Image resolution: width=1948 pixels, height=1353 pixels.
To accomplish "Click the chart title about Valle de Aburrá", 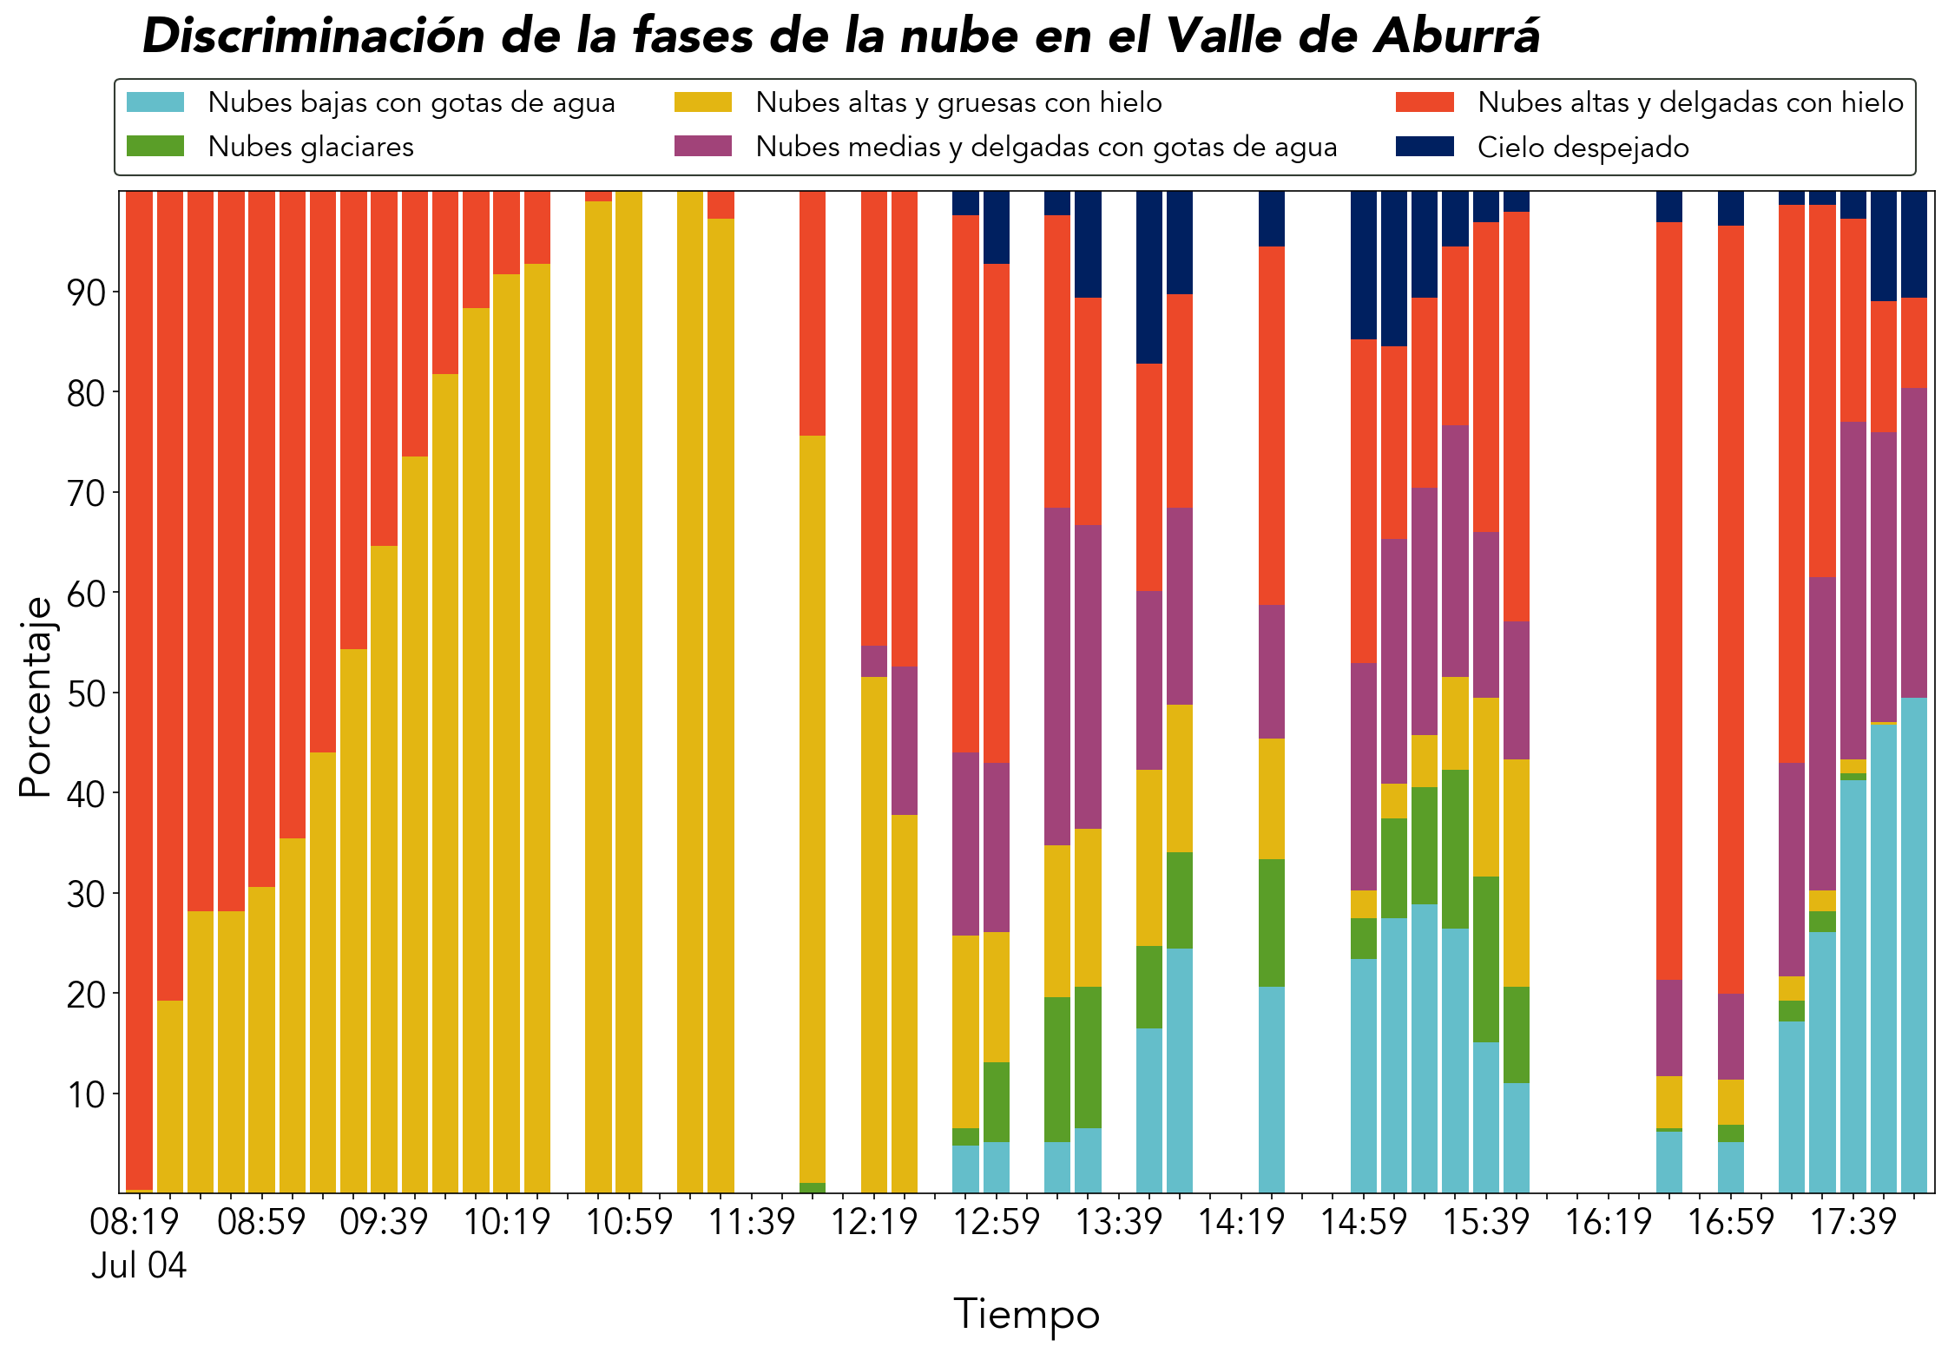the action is click(x=841, y=36).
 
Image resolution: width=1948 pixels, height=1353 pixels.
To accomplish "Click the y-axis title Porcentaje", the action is click(x=36, y=697).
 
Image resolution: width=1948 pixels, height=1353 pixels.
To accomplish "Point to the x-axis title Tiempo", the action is click(x=1027, y=1313).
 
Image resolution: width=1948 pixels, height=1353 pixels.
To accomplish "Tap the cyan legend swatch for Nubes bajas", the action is click(x=155, y=102).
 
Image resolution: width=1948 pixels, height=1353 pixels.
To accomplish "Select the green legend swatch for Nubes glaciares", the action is click(x=155, y=146).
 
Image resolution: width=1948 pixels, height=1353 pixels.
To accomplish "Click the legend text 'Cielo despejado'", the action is click(x=1583, y=148).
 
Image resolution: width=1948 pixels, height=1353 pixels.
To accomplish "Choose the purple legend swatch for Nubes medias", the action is click(x=703, y=146).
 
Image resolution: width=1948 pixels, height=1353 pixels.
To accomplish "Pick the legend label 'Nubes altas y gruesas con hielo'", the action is click(x=958, y=102).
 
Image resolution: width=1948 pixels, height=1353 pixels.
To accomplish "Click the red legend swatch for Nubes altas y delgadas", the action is click(x=1425, y=102).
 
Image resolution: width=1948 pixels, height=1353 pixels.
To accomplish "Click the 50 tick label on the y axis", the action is click(x=86, y=693).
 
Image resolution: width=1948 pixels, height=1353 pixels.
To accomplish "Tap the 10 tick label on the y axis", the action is click(x=86, y=1094).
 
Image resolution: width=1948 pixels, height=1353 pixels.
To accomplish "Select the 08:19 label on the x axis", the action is click(x=135, y=1222).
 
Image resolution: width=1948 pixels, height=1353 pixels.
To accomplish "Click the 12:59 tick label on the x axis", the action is click(x=997, y=1222).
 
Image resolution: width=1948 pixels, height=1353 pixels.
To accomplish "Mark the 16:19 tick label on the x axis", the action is click(x=1609, y=1222).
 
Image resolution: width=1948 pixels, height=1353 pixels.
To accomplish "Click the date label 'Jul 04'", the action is click(x=139, y=1265).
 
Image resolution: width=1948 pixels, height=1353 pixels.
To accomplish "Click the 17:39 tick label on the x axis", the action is click(x=1853, y=1222).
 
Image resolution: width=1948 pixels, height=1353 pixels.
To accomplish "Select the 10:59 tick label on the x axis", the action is click(x=629, y=1222).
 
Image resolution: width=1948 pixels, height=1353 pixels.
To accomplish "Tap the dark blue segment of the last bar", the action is click(x=1914, y=245).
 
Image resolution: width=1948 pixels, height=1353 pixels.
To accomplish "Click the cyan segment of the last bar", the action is click(x=1914, y=945).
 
